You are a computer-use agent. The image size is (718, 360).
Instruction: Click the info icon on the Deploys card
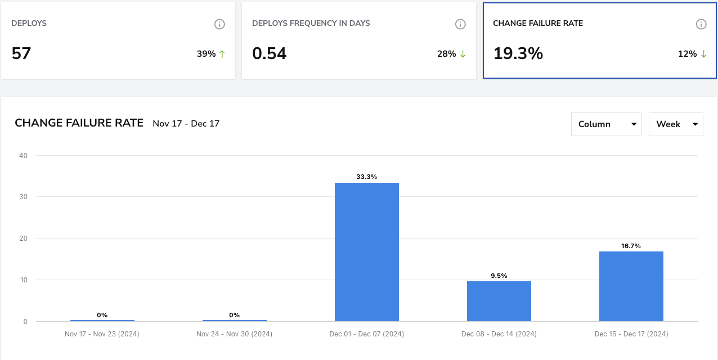(x=219, y=24)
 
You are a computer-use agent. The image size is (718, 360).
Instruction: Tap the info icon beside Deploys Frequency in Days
(x=460, y=24)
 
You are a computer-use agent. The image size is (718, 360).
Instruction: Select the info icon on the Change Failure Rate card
(x=701, y=24)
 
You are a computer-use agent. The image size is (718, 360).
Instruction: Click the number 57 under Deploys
(x=21, y=53)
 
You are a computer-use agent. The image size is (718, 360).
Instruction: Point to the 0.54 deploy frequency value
(x=269, y=53)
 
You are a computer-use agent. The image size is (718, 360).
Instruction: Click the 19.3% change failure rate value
(x=518, y=53)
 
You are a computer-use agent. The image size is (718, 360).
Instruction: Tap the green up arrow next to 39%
(x=222, y=54)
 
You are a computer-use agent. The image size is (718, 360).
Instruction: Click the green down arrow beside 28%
(x=463, y=54)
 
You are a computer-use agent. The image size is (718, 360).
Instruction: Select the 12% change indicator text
(x=687, y=54)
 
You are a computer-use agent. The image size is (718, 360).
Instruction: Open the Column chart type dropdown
(x=607, y=124)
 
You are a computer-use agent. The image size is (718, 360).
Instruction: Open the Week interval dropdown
(x=676, y=124)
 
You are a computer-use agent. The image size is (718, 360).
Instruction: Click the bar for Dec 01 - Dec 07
(x=367, y=252)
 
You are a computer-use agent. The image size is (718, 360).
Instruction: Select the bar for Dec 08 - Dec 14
(x=499, y=301)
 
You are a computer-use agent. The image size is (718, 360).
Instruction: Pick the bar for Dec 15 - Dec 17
(x=631, y=286)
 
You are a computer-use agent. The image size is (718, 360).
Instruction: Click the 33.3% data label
(x=367, y=177)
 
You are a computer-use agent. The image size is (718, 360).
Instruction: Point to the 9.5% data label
(x=499, y=276)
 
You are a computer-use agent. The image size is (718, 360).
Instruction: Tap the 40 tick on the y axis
(x=24, y=156)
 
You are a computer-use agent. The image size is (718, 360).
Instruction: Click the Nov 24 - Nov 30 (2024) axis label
(x=234, y=334)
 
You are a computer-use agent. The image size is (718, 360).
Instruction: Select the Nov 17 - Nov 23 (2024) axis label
(x=102, y=334)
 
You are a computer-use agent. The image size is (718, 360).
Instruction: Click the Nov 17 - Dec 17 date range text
(x=186, y=124)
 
